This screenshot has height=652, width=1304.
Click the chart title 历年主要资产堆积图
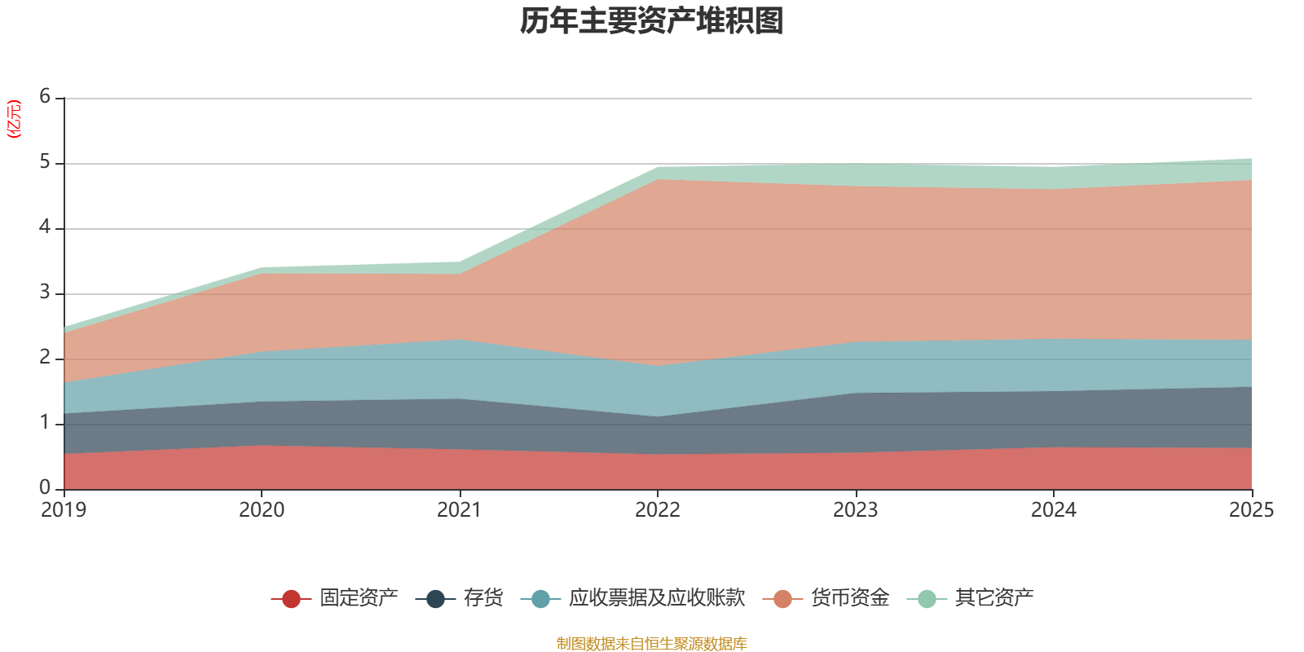click(651, 21)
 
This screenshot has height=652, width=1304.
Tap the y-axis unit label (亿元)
click(14, 119)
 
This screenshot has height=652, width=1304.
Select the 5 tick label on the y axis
click(45, 162)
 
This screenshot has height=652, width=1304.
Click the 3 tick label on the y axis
click(45, 293)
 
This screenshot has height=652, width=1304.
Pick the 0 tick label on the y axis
click(45, 488)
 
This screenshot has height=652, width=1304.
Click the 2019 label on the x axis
click(64, 510)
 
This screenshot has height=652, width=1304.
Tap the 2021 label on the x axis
click(460, 510)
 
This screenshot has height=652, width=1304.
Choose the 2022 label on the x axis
click(657, 510)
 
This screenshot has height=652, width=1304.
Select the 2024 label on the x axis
click(1053, 510)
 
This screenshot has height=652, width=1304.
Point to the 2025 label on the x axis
click(1251, 510)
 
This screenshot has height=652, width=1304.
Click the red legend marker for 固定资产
click(291, 598)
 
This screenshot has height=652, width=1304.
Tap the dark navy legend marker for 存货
click(435, 598)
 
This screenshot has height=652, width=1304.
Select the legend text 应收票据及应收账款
click(657, 598)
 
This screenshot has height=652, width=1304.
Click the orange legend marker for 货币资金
click(782, 598)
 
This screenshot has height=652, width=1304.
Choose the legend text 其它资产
click(994, 598)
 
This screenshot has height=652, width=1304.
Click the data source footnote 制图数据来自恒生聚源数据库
click(651, 643)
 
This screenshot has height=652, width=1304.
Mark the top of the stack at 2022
click(657, 168)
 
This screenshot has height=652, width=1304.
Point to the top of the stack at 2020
click(262, 268)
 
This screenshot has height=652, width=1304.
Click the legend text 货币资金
click(850, 598)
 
